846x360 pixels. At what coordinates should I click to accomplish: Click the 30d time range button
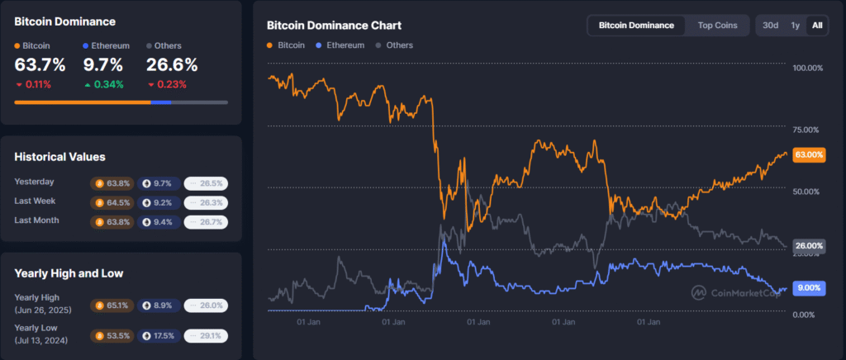(770, 26)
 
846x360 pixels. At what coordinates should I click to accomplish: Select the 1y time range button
(795, 26)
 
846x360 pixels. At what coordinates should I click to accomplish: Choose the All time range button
(817, 26)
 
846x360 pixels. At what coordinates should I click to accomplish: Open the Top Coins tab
(717, 26)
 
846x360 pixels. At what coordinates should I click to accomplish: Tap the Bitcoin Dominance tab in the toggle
(636, 26)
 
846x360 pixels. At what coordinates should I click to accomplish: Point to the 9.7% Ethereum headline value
(102, 65)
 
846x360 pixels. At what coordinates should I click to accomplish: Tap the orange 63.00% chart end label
(808, 154)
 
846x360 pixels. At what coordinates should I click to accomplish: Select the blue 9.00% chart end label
(808, 287)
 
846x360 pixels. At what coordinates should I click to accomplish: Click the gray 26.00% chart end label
(808, 245)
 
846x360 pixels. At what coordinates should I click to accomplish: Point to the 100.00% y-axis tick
(806, 68)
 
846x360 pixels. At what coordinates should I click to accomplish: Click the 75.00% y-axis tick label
(806, 130)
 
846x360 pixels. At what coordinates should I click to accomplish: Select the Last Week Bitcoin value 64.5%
(112, 202)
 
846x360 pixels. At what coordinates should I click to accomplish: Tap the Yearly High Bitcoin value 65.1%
(112, 305)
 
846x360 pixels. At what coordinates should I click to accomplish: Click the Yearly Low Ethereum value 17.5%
(159, 336)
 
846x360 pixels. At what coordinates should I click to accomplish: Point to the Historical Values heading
(59, 157)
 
